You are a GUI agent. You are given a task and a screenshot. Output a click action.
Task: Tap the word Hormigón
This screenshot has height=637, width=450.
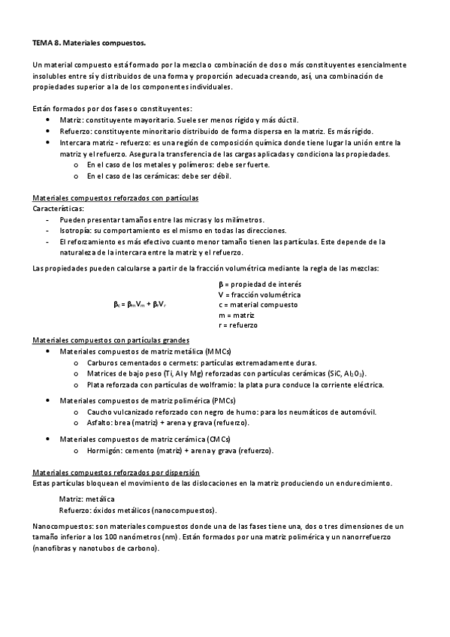click(x=104, y=451)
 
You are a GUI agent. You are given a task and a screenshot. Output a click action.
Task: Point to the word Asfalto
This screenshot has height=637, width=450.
click(x=100, y=423)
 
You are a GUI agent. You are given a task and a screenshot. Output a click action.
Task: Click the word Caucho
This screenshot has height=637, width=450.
click(x=101, y=412)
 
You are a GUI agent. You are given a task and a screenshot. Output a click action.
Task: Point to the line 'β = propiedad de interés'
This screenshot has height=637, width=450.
click(x=259, y=284)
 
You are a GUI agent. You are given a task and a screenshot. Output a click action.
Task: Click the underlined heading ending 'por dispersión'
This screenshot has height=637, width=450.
click(x=116, y=472)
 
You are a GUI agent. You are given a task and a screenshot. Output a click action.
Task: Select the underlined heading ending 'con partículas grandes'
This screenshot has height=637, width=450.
click(x=110, y=340)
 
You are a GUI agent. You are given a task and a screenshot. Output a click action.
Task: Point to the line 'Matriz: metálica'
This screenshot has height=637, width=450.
click(x=86, y=499)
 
